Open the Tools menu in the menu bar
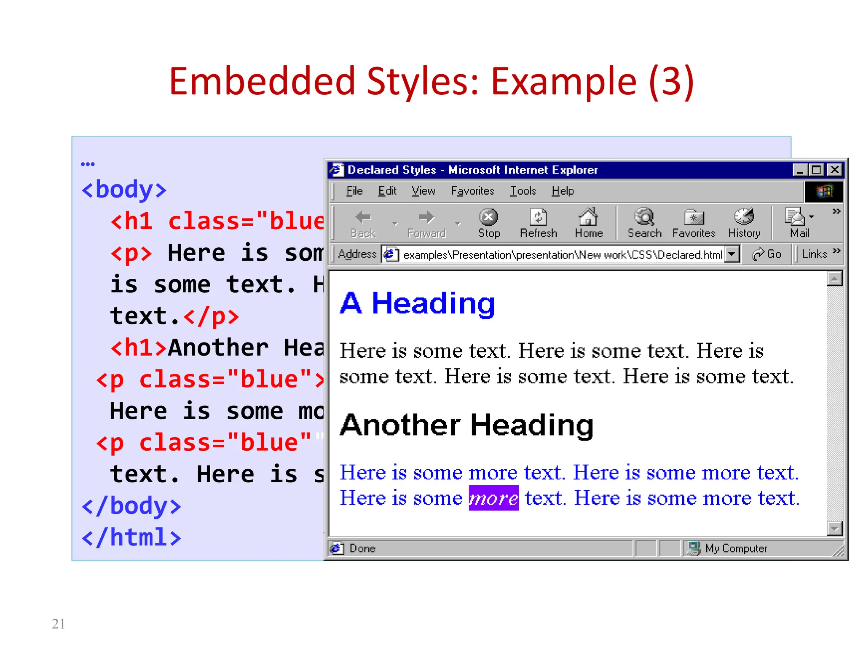[523, 191]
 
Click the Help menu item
[563, 191]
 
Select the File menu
[354, 191]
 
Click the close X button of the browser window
[834, 170]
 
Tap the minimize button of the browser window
[800, 170]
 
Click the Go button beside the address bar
[767, 254]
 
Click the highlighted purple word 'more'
[493, 498]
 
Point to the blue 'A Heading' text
[417, 303]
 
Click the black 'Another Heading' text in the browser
[466, 425]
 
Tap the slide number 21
[59, 623]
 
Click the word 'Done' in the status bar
[362, 548]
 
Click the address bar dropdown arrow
[732, 254]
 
